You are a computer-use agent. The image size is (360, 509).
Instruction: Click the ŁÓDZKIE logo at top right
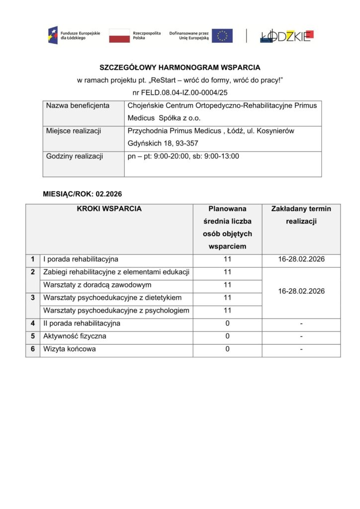tap(286, 36)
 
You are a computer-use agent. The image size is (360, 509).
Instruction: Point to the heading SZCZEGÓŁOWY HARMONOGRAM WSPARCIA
tap(180, 67)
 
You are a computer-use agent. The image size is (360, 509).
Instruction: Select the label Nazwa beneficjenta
tap(78, 106)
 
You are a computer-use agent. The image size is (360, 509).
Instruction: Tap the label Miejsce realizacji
tap(74, 131)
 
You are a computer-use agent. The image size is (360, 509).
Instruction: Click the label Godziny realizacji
tap(75, 157)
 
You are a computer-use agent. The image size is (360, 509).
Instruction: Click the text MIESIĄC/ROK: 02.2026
tap(83, 193)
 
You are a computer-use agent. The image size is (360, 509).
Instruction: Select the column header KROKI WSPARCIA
tap(109, 209)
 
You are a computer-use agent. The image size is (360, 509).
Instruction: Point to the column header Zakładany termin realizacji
tap(301, 215)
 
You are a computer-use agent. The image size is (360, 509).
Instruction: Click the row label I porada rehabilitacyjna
tap(81, 259)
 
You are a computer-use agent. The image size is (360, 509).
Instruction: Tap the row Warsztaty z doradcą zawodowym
tap(97, 285)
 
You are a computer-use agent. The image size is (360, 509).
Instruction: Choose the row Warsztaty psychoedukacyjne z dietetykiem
tap(112, 298)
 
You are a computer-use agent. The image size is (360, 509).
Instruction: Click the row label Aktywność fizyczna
tap(75, 337)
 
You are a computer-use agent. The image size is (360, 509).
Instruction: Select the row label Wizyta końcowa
tap(70, 349)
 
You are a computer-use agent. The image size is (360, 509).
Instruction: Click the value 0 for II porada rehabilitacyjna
tap(227, 324)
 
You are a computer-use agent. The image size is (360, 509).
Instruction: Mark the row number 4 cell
tap(33, 324)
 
